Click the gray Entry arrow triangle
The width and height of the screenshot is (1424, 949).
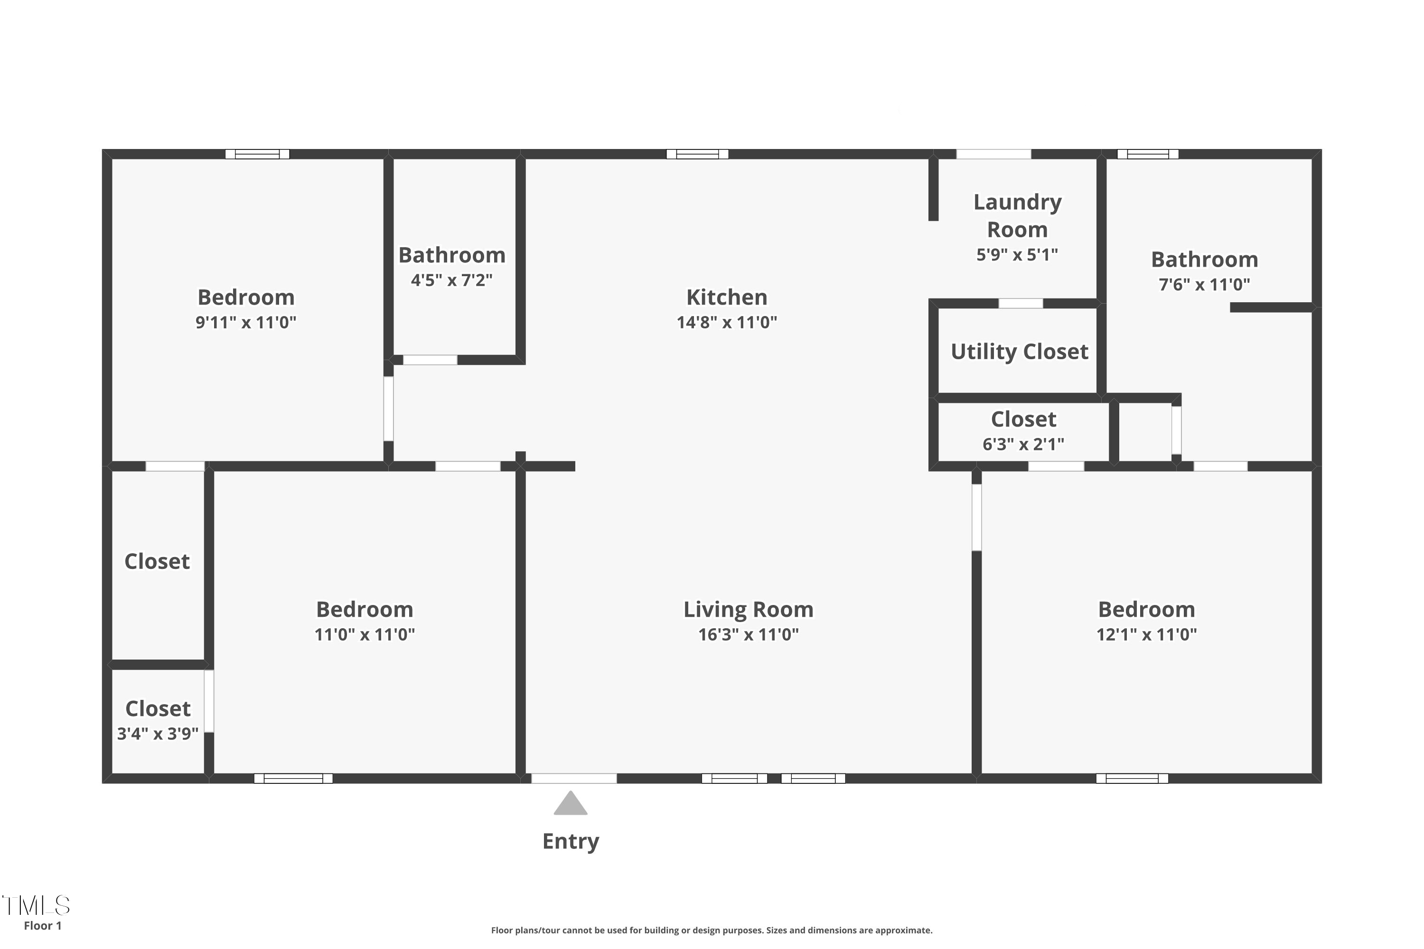pos(571,804)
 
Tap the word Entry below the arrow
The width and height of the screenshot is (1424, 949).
pos(571,841)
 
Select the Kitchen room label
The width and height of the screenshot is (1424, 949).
pos(727,297)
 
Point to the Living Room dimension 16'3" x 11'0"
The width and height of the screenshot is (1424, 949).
pos(749,634)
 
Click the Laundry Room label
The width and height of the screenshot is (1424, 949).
pos(1017,215)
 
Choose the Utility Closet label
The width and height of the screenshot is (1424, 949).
pos(1020,352)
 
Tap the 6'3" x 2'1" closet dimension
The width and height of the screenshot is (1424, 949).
pos(1023,444)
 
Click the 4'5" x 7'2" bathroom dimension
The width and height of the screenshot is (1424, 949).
pos(452,280)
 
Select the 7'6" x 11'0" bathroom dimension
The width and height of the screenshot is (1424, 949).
pos(1204,284)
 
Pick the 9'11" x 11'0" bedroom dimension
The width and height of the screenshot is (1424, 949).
pos(246,322)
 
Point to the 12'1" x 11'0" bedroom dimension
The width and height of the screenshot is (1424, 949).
pos(1147,634)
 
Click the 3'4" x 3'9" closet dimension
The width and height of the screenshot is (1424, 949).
pos(158,734)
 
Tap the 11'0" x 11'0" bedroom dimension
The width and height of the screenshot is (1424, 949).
pos(365,634)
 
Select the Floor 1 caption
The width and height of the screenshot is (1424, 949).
pos(42,925)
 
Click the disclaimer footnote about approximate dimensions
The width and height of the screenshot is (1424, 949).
pos(712,930)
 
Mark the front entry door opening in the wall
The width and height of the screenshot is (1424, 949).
pos(574,778)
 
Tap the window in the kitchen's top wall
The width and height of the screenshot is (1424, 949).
pos(697,154)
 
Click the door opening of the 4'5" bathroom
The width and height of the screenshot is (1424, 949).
pos(430,360)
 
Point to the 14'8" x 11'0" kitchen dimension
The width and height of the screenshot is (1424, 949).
pos(727,322)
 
